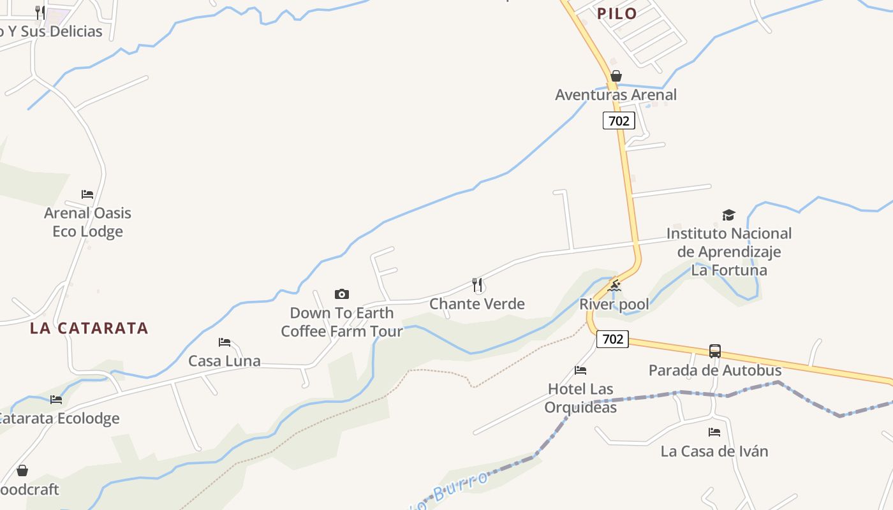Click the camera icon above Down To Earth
[x=342, y=294]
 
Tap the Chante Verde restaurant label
[x=477, y=303]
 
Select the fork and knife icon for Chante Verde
[x=477, y=284]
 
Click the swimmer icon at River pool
[x=614, y=286]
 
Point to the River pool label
[x=614, y=304]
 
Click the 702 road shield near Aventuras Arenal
[x=619, y=120]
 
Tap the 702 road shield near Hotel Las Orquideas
[x=612, y=339]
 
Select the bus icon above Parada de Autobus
[x=715, y=351]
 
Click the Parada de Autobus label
[x=715, y=370]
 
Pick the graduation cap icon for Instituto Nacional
[x=728, y=215]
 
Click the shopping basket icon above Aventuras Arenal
[x=616, y=76]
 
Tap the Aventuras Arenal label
[x=616, y=94]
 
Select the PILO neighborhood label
[x=617, y=13]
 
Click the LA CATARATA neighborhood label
[x=89, y=328]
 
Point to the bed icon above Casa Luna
[x=225, y=342]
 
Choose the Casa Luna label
[x=225, y=361]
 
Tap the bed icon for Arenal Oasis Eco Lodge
[x=87, y=194]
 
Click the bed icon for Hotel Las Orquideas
[x=580, y=370]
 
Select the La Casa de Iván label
[x=714, y=451]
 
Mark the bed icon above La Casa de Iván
[x=714, y=432]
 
